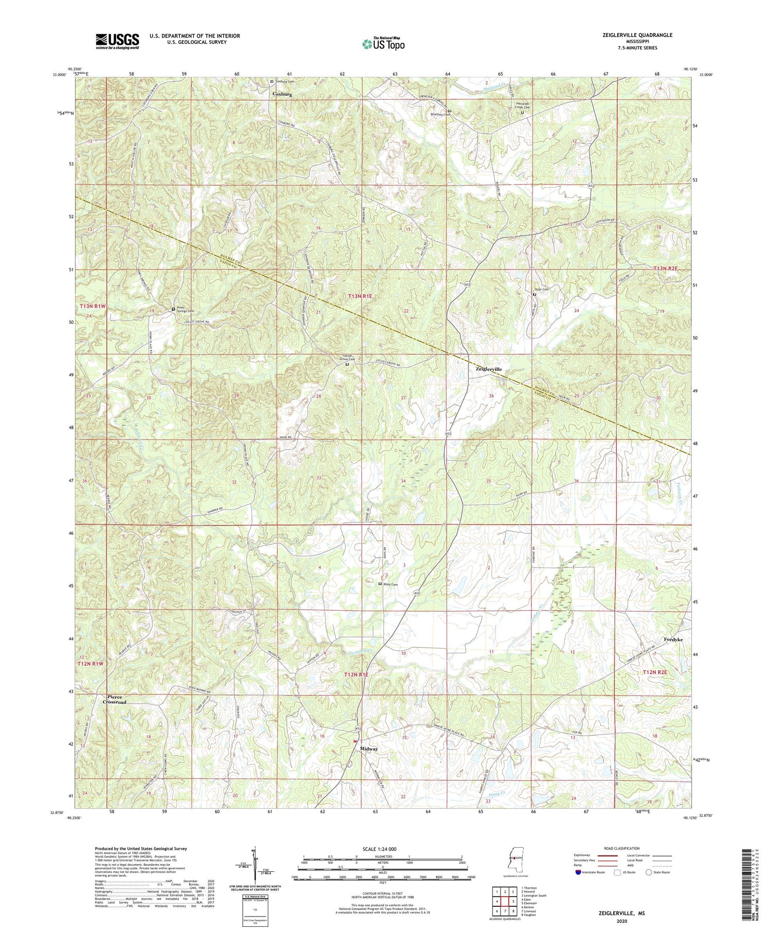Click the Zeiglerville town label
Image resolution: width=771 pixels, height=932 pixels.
(488, 369)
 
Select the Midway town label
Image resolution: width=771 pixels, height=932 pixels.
(369, 749)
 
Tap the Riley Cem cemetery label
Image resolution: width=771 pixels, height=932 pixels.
(391, 584)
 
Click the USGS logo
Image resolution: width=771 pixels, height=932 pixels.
(117, 42)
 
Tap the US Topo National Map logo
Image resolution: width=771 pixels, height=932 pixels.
(383, 44)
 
